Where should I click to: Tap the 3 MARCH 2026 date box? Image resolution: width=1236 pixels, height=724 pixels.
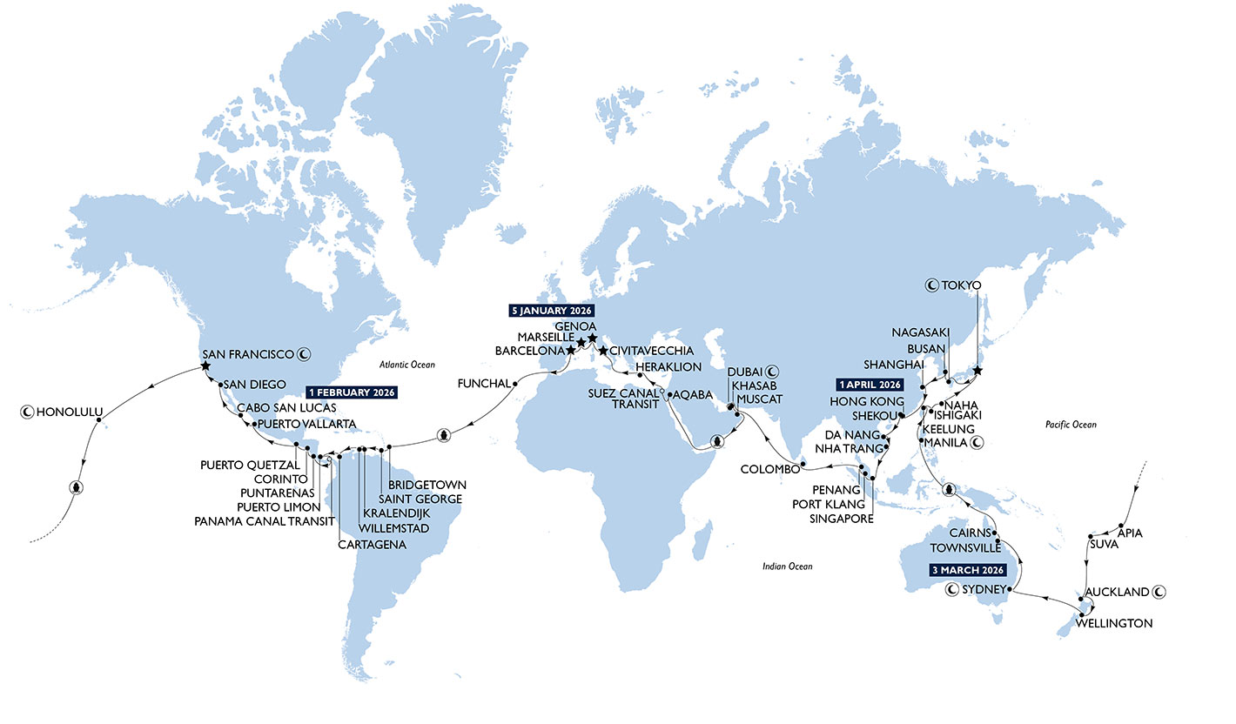[x=963, y=570]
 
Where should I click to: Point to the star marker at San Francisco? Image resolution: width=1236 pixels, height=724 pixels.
[x=205, y=367]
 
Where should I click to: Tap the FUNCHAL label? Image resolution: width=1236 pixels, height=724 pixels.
[x=480, y=382]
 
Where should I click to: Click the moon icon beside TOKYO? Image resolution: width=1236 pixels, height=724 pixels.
[x=930, y=285]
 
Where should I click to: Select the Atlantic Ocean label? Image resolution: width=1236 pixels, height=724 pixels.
[x=406, y=365]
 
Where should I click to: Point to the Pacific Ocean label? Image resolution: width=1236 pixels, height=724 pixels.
[x=1071, y=425]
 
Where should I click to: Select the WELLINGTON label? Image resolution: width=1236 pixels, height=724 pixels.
[x=1114, y=623]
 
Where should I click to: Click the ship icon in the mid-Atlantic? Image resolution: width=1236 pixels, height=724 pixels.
[x=443, y=434]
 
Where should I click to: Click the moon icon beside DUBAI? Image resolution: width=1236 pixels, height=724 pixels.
[x=772, y=371]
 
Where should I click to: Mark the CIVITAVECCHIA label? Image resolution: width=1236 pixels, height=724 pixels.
[x=651, y=351]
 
